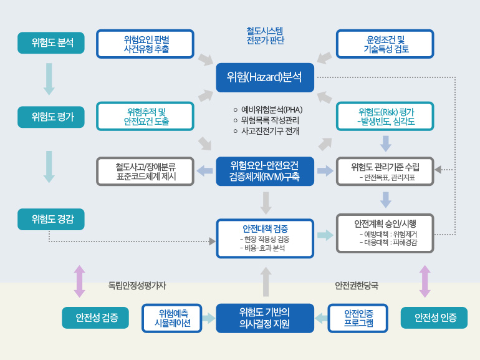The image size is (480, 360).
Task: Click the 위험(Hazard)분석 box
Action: [265, 77]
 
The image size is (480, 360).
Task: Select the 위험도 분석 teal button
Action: [51, 43]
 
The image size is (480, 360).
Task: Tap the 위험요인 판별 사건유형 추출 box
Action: [145, 44]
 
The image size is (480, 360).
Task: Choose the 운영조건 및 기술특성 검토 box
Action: [385, 44]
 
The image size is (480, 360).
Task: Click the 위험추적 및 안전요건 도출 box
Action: [145, 117]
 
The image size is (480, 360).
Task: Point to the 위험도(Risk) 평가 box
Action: [385, 117]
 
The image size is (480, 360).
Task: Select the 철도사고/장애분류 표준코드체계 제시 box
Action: [145, 172]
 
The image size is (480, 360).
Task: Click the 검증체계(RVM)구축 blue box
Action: [265, 172]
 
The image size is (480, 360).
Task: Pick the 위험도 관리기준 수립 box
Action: [385, 172]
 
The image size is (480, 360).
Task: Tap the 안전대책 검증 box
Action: [265, 239]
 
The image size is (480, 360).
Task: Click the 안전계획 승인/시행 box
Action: [385, 233]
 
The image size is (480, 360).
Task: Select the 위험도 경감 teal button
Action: [51, 220]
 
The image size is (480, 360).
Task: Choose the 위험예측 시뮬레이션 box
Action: [172, 318]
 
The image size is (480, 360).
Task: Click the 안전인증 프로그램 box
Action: [358, 318]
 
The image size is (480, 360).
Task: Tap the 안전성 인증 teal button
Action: [434, 318]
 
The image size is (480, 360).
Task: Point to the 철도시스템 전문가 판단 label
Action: [265, 36]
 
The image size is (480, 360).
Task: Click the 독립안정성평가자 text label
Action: [137, 286]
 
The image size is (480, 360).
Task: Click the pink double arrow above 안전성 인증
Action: [425, 281]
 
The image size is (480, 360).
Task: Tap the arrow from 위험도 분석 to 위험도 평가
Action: [49, 79]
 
